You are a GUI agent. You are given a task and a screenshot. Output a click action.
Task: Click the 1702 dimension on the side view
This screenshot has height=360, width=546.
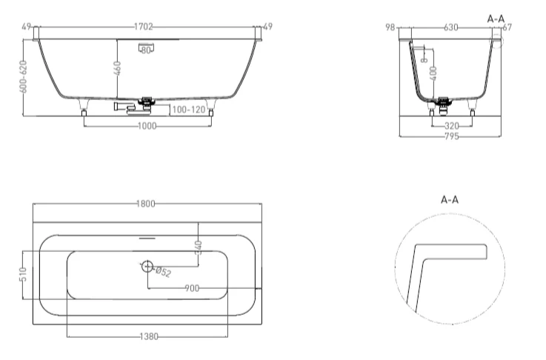(x=144, y=27)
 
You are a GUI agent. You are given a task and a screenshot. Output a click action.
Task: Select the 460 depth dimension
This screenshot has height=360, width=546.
(x=119, y=72)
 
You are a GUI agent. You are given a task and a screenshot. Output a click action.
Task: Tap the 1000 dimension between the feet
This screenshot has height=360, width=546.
(x=147, y=127)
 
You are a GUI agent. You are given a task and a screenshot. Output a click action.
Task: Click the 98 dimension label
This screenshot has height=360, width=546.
(x=390, y=27)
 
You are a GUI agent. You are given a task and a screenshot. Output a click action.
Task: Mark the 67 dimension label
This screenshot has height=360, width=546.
(x=507, y=27)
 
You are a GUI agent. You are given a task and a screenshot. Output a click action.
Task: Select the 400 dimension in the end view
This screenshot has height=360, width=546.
(x=434, y=73)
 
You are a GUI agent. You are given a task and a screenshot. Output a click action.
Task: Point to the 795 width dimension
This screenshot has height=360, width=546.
(x=450, y=136)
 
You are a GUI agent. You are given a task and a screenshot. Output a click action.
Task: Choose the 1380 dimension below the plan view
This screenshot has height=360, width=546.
(x=149, y=337)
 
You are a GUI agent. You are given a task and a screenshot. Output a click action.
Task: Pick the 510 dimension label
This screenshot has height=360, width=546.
(x=24, y=275)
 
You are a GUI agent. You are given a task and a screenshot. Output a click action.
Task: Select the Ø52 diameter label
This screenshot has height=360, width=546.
(x=163, y=272)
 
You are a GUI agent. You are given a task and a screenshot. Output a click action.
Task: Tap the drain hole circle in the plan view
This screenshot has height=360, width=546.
(x=147, y=265)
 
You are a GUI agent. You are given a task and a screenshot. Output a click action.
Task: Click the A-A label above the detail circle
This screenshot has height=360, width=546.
(x=450, y=200)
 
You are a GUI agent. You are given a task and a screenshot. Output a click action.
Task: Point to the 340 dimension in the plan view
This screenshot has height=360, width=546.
(x=198, y=246)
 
